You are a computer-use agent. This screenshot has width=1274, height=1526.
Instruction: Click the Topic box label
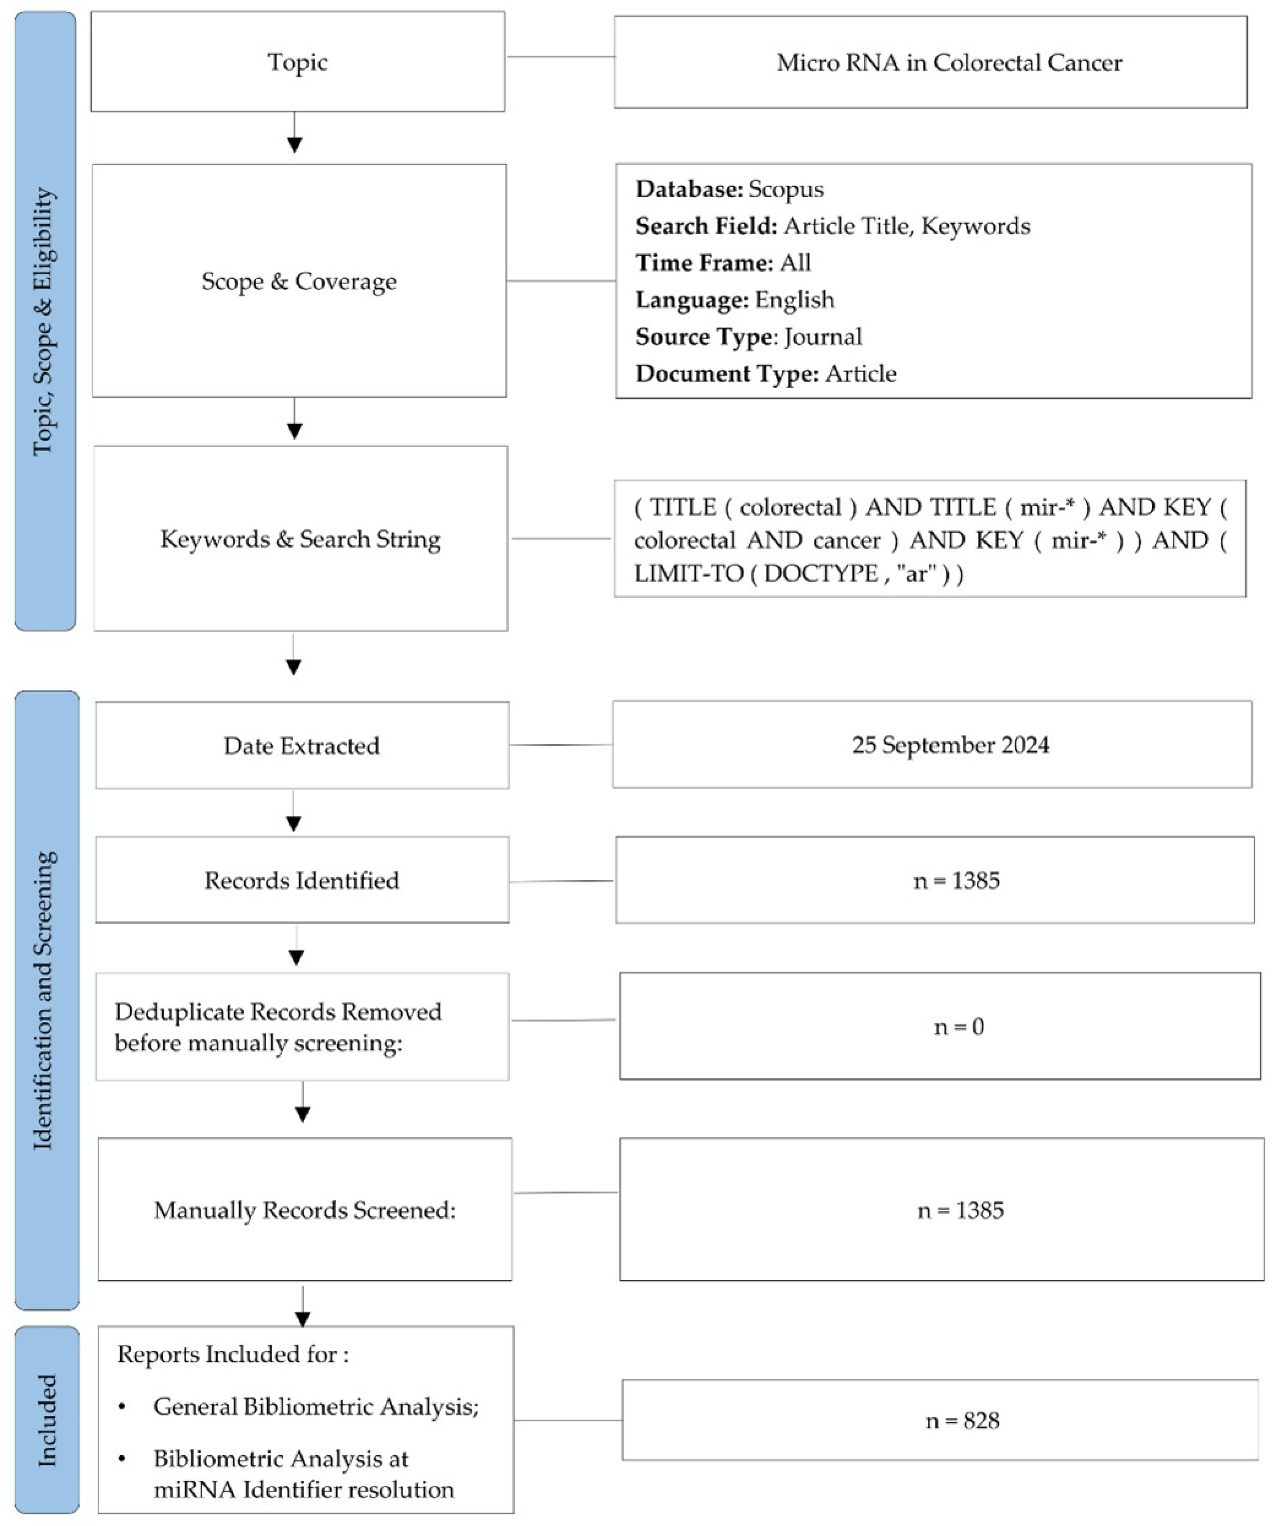click(x=297, y=62)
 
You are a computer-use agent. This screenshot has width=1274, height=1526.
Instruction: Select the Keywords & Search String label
click(x=300, y=539)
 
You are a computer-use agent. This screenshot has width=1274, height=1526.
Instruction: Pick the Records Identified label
click(x=301, y=881)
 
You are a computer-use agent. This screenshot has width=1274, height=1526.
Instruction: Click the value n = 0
click(x=959, y=1027)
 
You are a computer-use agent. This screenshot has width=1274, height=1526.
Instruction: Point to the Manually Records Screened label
click(x=304, y=1211)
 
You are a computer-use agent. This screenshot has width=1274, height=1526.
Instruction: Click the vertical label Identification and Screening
click(x=45, y=1000)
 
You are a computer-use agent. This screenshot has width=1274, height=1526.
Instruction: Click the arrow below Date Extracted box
click(x=293, y=814)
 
